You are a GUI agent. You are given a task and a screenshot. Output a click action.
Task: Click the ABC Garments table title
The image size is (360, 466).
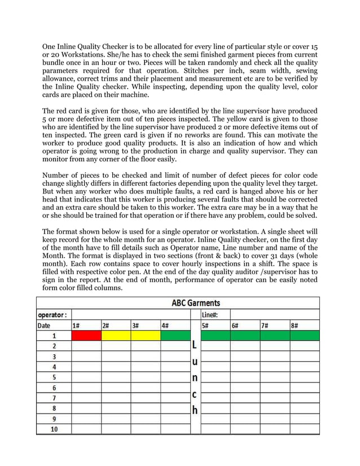click(195, 303)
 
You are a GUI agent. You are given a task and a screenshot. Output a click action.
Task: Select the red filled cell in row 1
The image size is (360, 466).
click(86, 336)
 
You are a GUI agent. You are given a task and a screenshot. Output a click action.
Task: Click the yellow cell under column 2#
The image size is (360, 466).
click(116, 336)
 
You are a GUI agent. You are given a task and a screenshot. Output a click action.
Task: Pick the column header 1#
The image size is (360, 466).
click(76, 325)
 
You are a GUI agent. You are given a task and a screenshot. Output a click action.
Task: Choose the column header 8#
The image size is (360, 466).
click(295, 325)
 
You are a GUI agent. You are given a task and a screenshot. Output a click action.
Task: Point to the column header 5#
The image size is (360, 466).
click(207, 325)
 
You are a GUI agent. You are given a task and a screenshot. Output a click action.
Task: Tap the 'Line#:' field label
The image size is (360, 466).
click(212, 314)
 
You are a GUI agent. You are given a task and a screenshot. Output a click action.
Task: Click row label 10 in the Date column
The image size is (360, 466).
click(54, 429)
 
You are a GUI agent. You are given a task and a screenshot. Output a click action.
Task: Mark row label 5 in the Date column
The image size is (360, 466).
click(54, 377)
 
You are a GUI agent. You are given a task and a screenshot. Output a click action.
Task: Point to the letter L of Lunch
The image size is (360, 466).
click(195, 344)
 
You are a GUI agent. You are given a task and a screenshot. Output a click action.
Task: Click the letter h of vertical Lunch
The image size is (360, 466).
click(195, 410)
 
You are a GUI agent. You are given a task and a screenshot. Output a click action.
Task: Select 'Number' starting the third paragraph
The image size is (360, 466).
click(58, 176)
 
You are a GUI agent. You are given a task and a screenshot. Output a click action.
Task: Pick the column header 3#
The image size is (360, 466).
click(135, 325)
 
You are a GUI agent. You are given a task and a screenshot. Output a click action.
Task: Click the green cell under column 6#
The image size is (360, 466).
click(245, 336)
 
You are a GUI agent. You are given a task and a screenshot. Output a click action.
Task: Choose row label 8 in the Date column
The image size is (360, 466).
click(54, 408)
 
